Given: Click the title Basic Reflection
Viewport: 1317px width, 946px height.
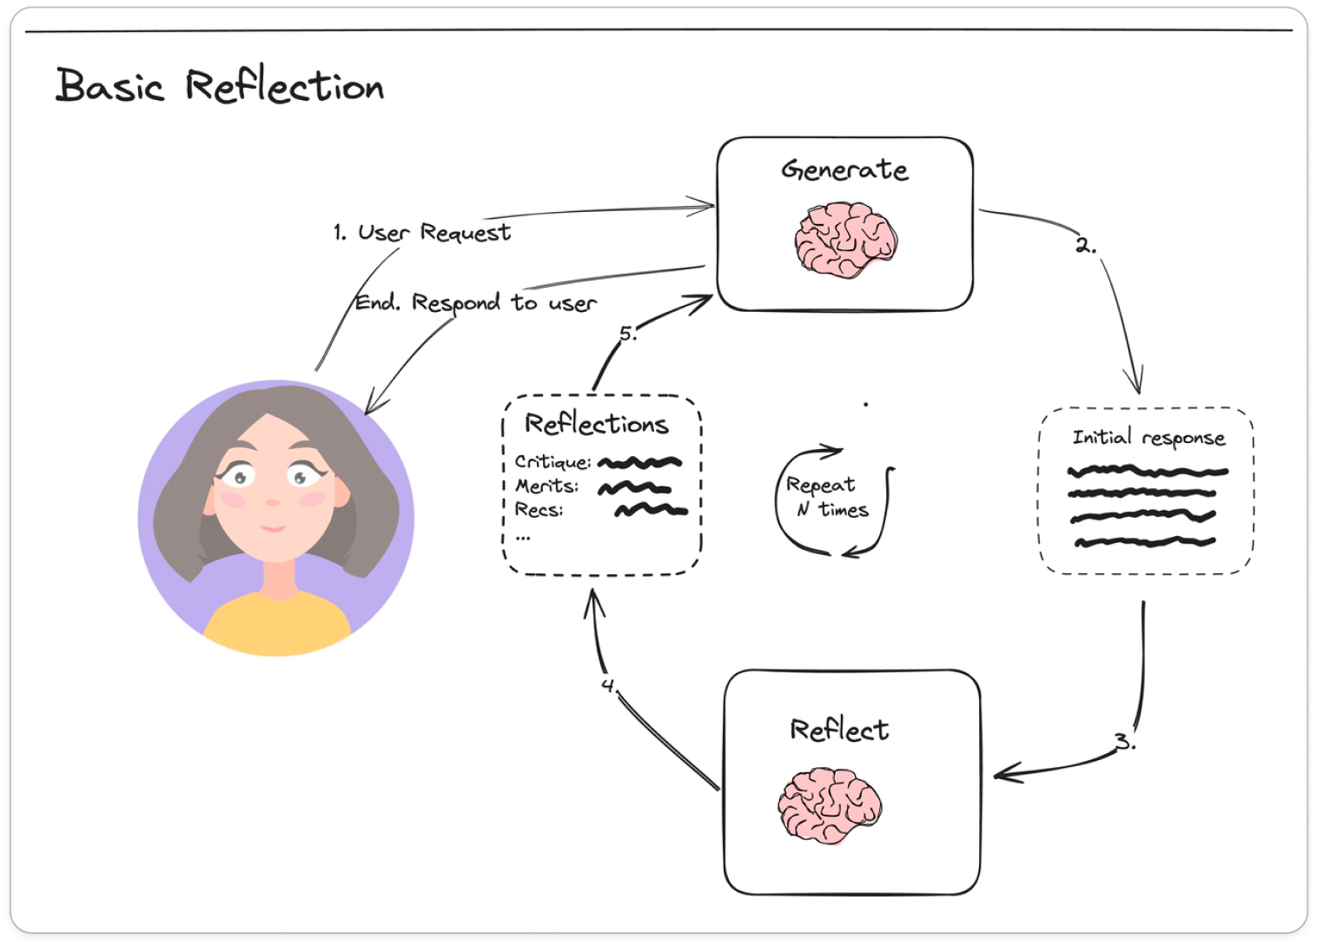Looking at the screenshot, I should point(219,86).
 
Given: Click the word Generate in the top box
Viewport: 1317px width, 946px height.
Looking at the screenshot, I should point(844,169).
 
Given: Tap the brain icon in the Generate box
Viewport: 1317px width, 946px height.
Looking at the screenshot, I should point(845,240).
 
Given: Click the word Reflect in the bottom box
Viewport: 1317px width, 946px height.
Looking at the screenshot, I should point(838,730).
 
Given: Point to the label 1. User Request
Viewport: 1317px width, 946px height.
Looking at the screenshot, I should point(422,233).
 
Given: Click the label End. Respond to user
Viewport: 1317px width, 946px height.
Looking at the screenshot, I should point(476,303).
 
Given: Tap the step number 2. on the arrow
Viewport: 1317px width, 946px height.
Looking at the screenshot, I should point(1085,246).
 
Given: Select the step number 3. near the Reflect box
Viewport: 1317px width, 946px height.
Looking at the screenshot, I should point(1125,743).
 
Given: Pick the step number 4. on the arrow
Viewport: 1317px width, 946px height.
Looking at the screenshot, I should point(609,685).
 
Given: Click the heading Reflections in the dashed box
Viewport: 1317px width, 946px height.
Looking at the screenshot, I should point(597,424).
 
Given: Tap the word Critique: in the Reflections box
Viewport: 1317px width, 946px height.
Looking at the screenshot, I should point(553,462).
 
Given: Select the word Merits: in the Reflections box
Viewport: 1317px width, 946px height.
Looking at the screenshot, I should point(546,486).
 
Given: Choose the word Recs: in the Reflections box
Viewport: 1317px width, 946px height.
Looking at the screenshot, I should point(539,510).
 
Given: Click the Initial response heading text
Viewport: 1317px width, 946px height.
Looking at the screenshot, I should point(1148,438).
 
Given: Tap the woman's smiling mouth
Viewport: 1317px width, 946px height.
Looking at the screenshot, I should point(273,527).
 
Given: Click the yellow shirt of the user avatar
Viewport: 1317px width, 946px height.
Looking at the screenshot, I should point(276,624).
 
